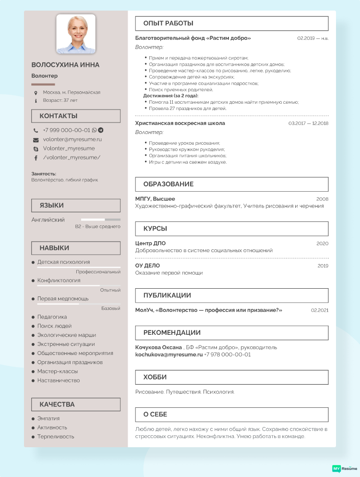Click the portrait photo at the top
pyautogui.click(x=76, y=34)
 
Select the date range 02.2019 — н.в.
pyautogui.click(x=312, y=38)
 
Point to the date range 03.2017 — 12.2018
pyautogui.click(x=308, y=123)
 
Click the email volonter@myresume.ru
pyautogui.click(x=72, y=139)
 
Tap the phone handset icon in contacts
pyautogui.click(x=36, y=130)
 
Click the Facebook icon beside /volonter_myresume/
pyautogui.click(x=36, y=158)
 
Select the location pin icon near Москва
pyautogui.click(x=36, y=92)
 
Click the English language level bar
pyautogui.click(x=100, y=220)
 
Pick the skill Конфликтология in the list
pyautogui.click(x=59, y=280)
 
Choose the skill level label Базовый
pyautogui.click(x=110, y=308)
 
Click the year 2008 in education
pyautogui.click(x=322, y=199)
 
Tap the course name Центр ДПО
pyautogui.click(x=150, y=244)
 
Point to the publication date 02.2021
pyautogui.click(x=320, y=310)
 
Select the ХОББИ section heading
pyautogui.click(x=155, y=377)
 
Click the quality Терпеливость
pyautogui.click(x=56, y=437)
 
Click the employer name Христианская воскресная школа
pyautogui.click(x=180, y=123)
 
